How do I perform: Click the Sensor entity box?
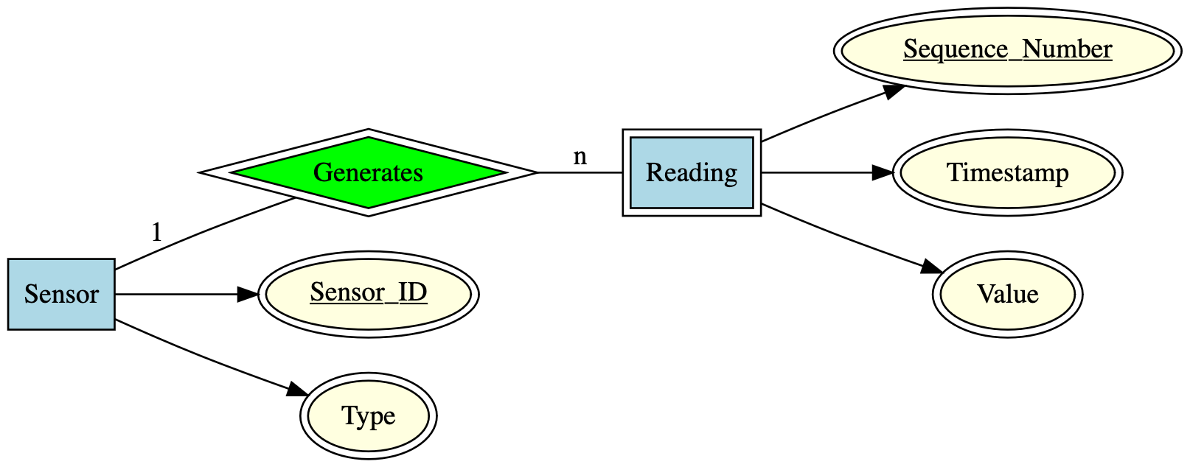[61, 294]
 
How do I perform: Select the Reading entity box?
[691, 173]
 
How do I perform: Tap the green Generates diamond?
[368, 173]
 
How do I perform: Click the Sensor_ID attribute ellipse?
[368, 294]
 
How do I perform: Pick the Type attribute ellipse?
[368, 415]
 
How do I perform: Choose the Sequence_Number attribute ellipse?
[1007, 51]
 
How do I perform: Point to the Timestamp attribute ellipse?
[1007, 173]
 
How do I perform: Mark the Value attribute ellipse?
[1007, 294]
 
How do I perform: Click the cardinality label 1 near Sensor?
[156, 233]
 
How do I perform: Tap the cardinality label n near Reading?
[580, 156]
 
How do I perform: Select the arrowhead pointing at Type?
[297, 390]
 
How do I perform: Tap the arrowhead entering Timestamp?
[883, 173]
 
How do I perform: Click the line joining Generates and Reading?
[580, 173]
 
